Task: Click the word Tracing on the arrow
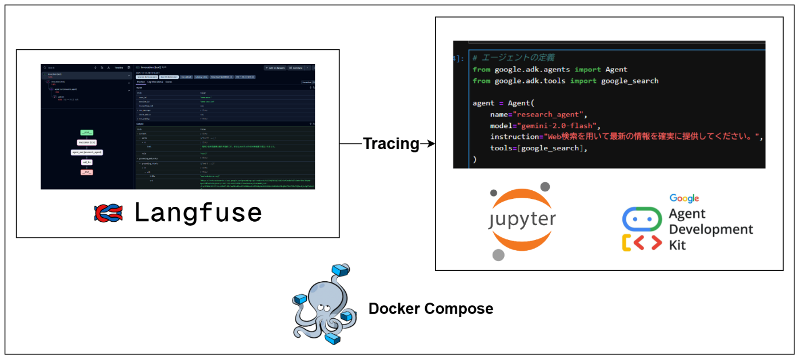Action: click(391, 144)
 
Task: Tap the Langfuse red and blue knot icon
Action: click(109, 213)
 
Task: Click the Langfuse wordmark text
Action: click(198, 213)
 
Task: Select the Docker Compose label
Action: click(430, 309)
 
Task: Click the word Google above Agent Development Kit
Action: click(685, 198)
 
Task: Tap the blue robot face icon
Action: click(641, 219)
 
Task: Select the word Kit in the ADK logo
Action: click(678, 245)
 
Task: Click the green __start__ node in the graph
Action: click(86, 133)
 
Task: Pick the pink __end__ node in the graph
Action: click(86, 172)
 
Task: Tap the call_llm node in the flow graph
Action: click(86, 162)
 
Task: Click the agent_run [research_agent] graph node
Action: click(86, 153)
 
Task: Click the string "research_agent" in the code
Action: click(548, 114)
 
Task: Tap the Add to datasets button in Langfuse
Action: click(275, 67)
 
